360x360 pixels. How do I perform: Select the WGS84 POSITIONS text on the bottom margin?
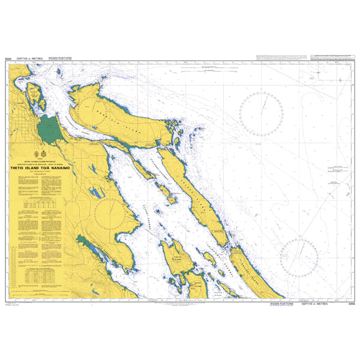click(282, 304)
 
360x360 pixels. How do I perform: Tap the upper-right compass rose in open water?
click(262, 113)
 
